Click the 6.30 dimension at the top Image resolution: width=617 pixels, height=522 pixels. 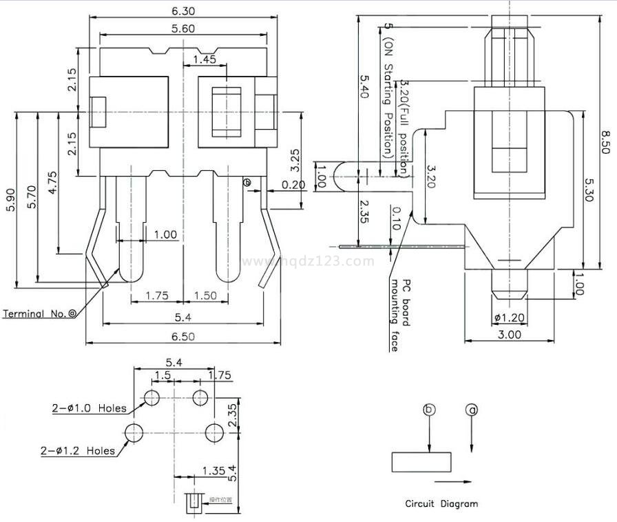click(183, 10)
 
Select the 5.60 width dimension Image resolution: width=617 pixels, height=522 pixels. click(183, 28)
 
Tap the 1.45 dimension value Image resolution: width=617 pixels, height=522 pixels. click(205, 60)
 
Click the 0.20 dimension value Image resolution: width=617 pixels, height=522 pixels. click(295, 185)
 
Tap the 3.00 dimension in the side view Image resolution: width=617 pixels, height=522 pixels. click(510, 334)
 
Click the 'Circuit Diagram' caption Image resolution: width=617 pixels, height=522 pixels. click(441, 504)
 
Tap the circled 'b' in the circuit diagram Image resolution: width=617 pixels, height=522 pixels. click(429, 410)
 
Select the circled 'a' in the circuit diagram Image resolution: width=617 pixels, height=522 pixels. click(472, 410)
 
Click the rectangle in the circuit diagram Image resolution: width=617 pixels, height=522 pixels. click(421, 462)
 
